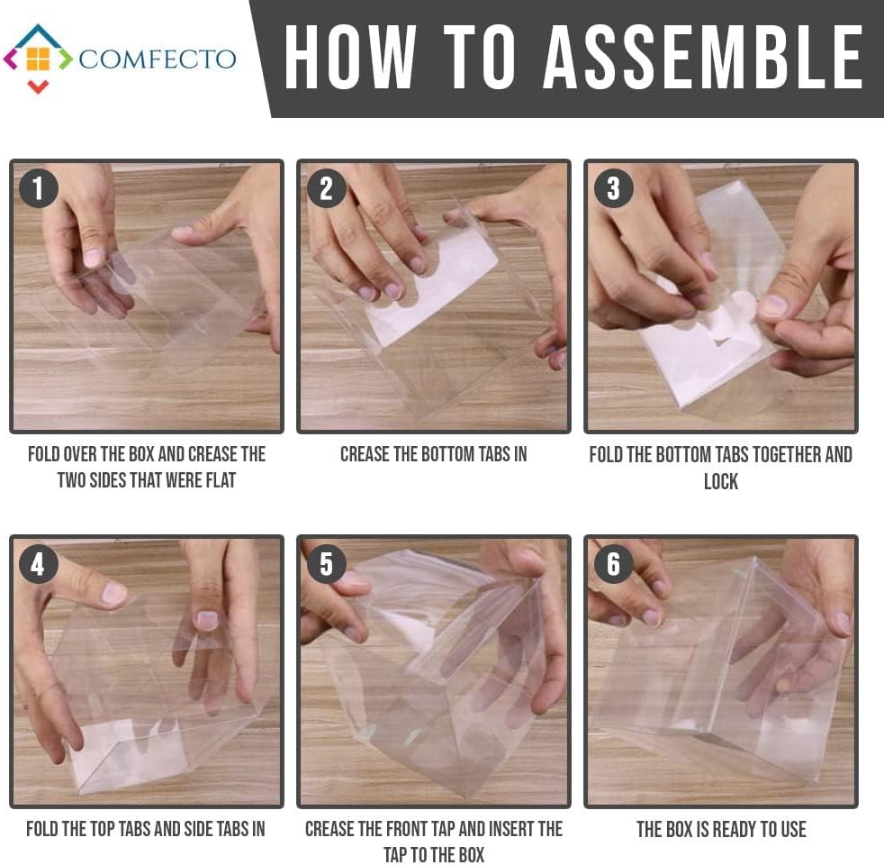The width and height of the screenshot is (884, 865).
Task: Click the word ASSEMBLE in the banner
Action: pos(702,57)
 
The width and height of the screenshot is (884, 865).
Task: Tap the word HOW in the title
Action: pos(350,57)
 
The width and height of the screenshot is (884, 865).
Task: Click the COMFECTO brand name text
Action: pos(158,59)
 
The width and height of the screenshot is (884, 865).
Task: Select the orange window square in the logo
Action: pos(39,59)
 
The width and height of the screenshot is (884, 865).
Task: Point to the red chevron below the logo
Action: pos(39,86)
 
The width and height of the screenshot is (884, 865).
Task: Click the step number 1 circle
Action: pos(39,188)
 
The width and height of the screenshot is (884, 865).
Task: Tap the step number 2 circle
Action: pos(327,188)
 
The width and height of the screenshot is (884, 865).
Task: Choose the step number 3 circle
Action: pos(614,188)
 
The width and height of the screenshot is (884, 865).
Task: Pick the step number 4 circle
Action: pos(39,564)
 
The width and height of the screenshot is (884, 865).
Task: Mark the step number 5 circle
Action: pos(327,564)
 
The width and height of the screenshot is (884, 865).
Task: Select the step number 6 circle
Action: pos(614,564)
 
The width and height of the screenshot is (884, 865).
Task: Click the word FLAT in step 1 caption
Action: pos(221,480)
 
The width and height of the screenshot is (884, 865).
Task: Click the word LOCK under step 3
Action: pos(721,481)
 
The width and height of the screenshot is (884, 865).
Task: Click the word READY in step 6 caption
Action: pos(734,830)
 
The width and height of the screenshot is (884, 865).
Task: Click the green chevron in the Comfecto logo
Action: pos(66,59)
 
